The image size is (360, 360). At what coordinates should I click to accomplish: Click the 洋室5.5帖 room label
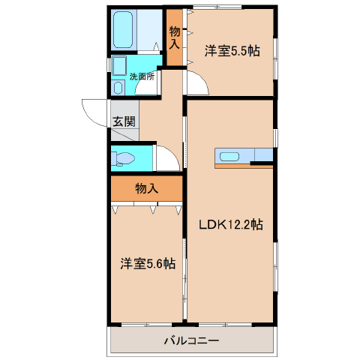[x=232, y=51]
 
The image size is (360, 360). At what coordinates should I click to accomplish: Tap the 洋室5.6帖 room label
[x=148, y=263]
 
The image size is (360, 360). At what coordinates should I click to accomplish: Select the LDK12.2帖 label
[x=231, y=224]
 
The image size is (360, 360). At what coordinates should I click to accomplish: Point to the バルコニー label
[x=191, y=340]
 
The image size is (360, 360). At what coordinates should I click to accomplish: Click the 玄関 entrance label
[x=124, y=121]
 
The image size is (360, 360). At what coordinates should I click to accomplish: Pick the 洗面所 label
[x=142, y=76]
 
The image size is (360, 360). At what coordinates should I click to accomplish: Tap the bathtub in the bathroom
[x=123, y=29]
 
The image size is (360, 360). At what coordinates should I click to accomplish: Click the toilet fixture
[x=122, y=158]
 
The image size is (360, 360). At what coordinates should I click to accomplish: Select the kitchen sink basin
[x=229, y=157]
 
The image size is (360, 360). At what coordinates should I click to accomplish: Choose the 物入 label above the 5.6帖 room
[x=147, y=188]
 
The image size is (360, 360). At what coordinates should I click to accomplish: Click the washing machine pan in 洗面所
[x=119, y=65]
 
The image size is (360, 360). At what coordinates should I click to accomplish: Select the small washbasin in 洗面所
[x=118, y=88]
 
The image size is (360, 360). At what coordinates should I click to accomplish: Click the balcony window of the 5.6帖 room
[x=147, y=325]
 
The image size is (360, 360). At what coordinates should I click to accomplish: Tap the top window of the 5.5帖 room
[x=217, y=7]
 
